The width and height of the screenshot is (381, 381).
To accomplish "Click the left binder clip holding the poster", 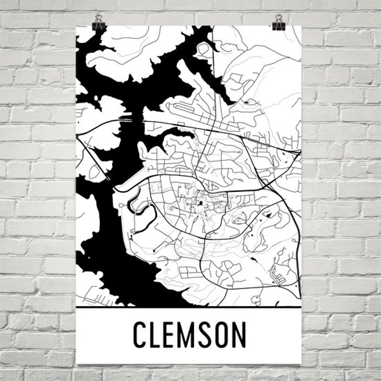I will [99, 22].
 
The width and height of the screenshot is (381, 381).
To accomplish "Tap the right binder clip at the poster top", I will [278, 22].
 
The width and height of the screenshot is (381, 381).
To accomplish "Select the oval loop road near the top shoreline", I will [203, 48].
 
